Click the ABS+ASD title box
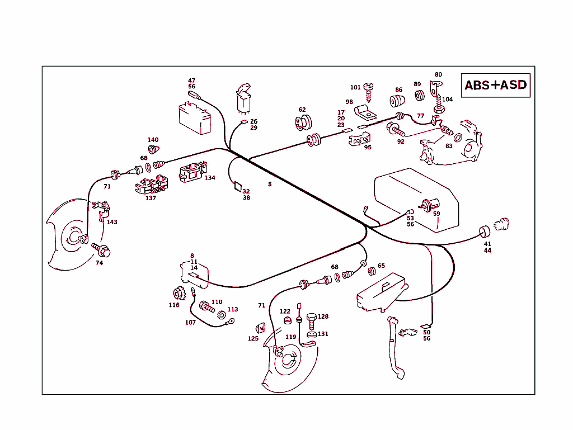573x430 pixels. click(496, 85)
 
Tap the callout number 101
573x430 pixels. click(355, 87)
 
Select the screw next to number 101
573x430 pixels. click(369, 88)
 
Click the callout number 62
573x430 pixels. click(302, 110)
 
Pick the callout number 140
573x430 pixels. click(153, 140)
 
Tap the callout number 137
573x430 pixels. click(151, 197)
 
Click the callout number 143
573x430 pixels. click(112, 222)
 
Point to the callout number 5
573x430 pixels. click(270, 184)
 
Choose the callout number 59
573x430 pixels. click(436, 214)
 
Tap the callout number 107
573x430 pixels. click(190, 322)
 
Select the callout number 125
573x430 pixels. click(253, 338)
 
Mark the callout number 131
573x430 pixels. click(323, 334)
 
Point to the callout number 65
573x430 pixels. click(381, 266)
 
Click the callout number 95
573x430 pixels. click(368, 147)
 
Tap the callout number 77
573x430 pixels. click(420, 116)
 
